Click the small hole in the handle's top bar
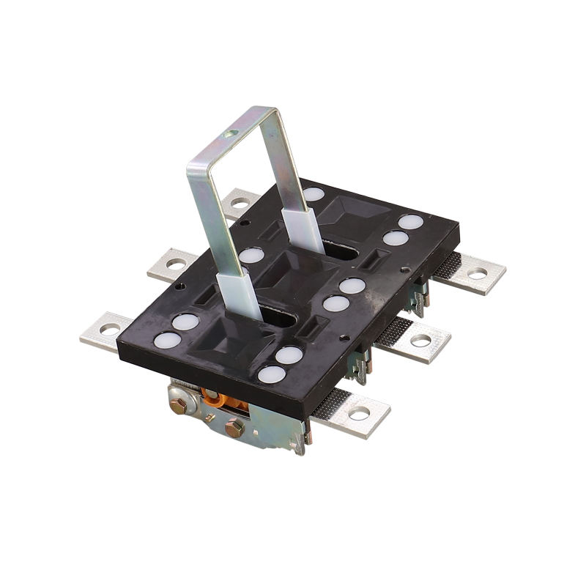click(x=232, y=133)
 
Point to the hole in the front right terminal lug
click(x=358, y=415)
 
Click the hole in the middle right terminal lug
click(x=420, y=341)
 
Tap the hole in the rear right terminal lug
click(x=477, y=274)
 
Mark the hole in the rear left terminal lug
click(x=237, y=201)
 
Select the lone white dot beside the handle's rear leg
click(x=314, y=194)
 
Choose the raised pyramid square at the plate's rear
click(x=360, y=212)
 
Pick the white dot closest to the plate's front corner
click(x=272, y=374)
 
